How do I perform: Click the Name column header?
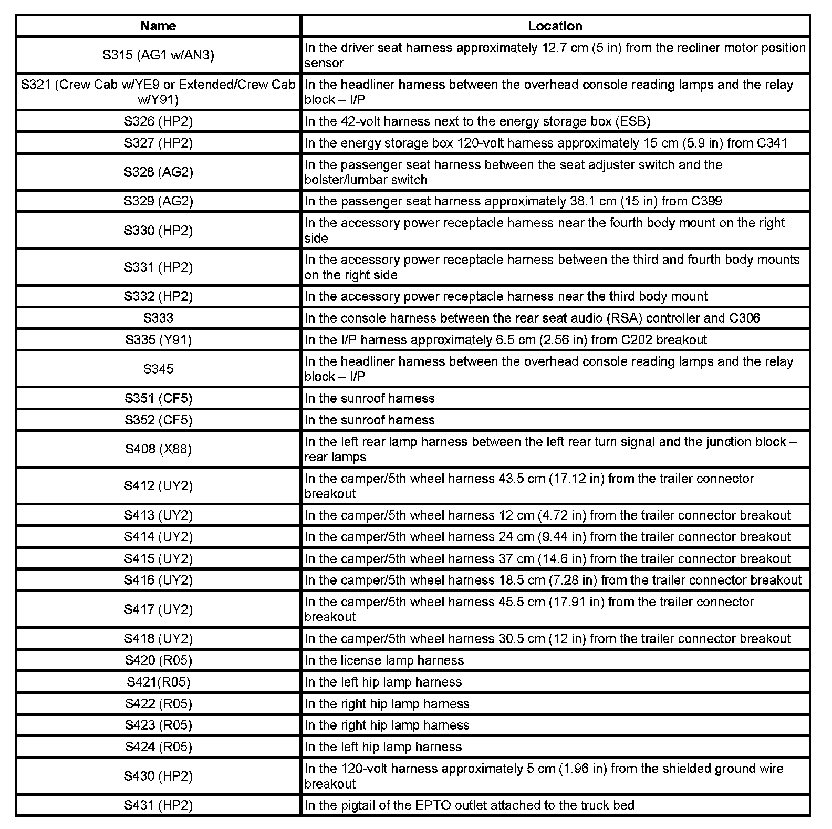(x=158, y=26)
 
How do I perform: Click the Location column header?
(x=555, y=26)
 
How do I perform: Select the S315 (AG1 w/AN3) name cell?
(x=158, y=55)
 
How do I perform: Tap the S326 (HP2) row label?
(x=158, y=121)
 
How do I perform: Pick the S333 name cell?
(x=158, y=318)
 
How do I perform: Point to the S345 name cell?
(x=158, y=369)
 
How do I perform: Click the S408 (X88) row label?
(x=158, y=449)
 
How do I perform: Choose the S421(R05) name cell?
(x=158, y=682)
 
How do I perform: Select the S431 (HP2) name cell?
(x=158, y=805)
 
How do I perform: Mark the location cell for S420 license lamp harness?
(x=555, y=660)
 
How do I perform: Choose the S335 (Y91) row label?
(x=158, y=340)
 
